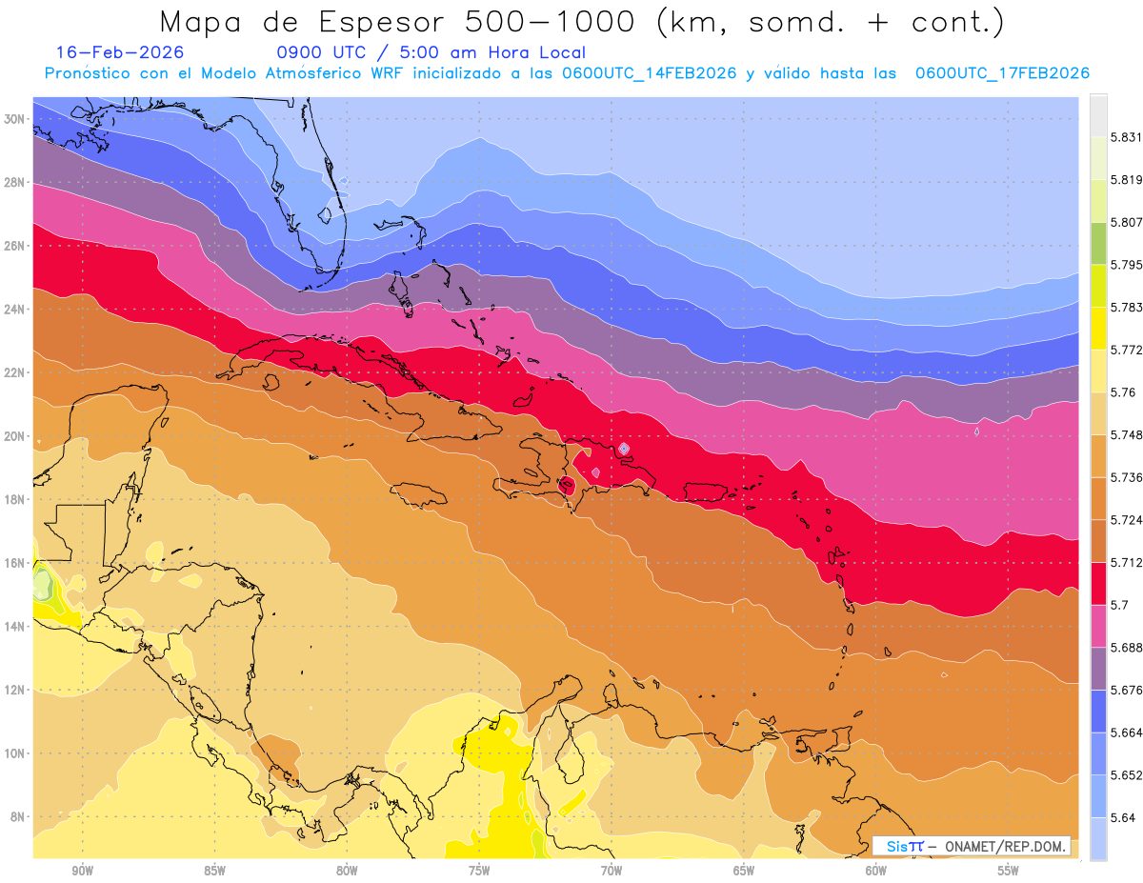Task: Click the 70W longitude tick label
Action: tap(612, 871)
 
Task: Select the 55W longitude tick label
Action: tap(1009, 871)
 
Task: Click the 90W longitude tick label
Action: tap(82, 871)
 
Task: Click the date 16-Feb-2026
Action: tap(120, 52)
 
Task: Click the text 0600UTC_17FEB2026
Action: tap(1002, 73)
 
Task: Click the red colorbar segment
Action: tap(1098, 583)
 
